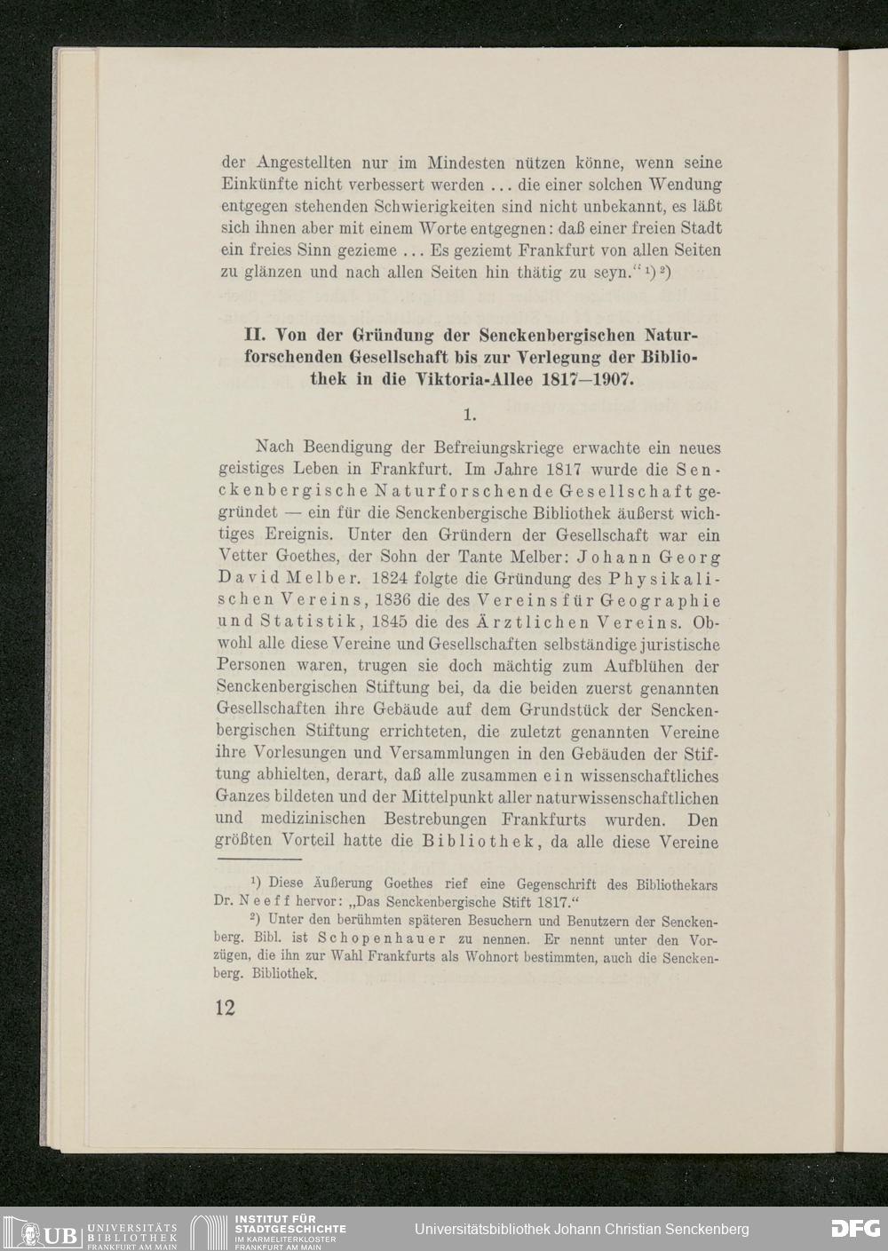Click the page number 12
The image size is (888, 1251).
(x=223, y=1009)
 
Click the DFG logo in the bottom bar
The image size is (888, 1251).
(x=854, y=1230)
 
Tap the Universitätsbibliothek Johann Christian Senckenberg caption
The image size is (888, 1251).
(x=582, y=1230)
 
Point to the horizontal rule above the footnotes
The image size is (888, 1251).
(x=258, y=860)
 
